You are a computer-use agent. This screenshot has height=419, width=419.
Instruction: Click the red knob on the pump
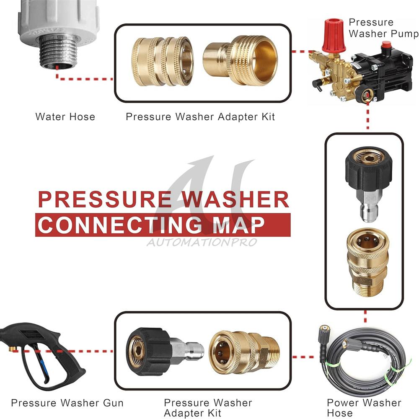coord(334,35)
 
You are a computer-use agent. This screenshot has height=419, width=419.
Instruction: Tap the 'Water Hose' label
coord(65,117)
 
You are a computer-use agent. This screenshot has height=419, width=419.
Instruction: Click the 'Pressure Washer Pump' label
coord(383,28)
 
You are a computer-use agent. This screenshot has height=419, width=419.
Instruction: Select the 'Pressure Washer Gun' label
coord(67,403)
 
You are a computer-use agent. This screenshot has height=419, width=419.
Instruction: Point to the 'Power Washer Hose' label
coord(364,408)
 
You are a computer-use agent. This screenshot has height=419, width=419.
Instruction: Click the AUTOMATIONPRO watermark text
coord(202,242)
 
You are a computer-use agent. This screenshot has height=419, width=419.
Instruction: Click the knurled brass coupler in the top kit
coord(162,62)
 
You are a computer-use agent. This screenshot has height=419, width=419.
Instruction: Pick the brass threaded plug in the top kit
coord(240,60)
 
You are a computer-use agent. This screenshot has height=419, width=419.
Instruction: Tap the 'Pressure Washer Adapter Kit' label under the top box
coord(200,117)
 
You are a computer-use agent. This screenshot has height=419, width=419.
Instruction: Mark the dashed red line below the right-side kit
coord(365,317)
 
